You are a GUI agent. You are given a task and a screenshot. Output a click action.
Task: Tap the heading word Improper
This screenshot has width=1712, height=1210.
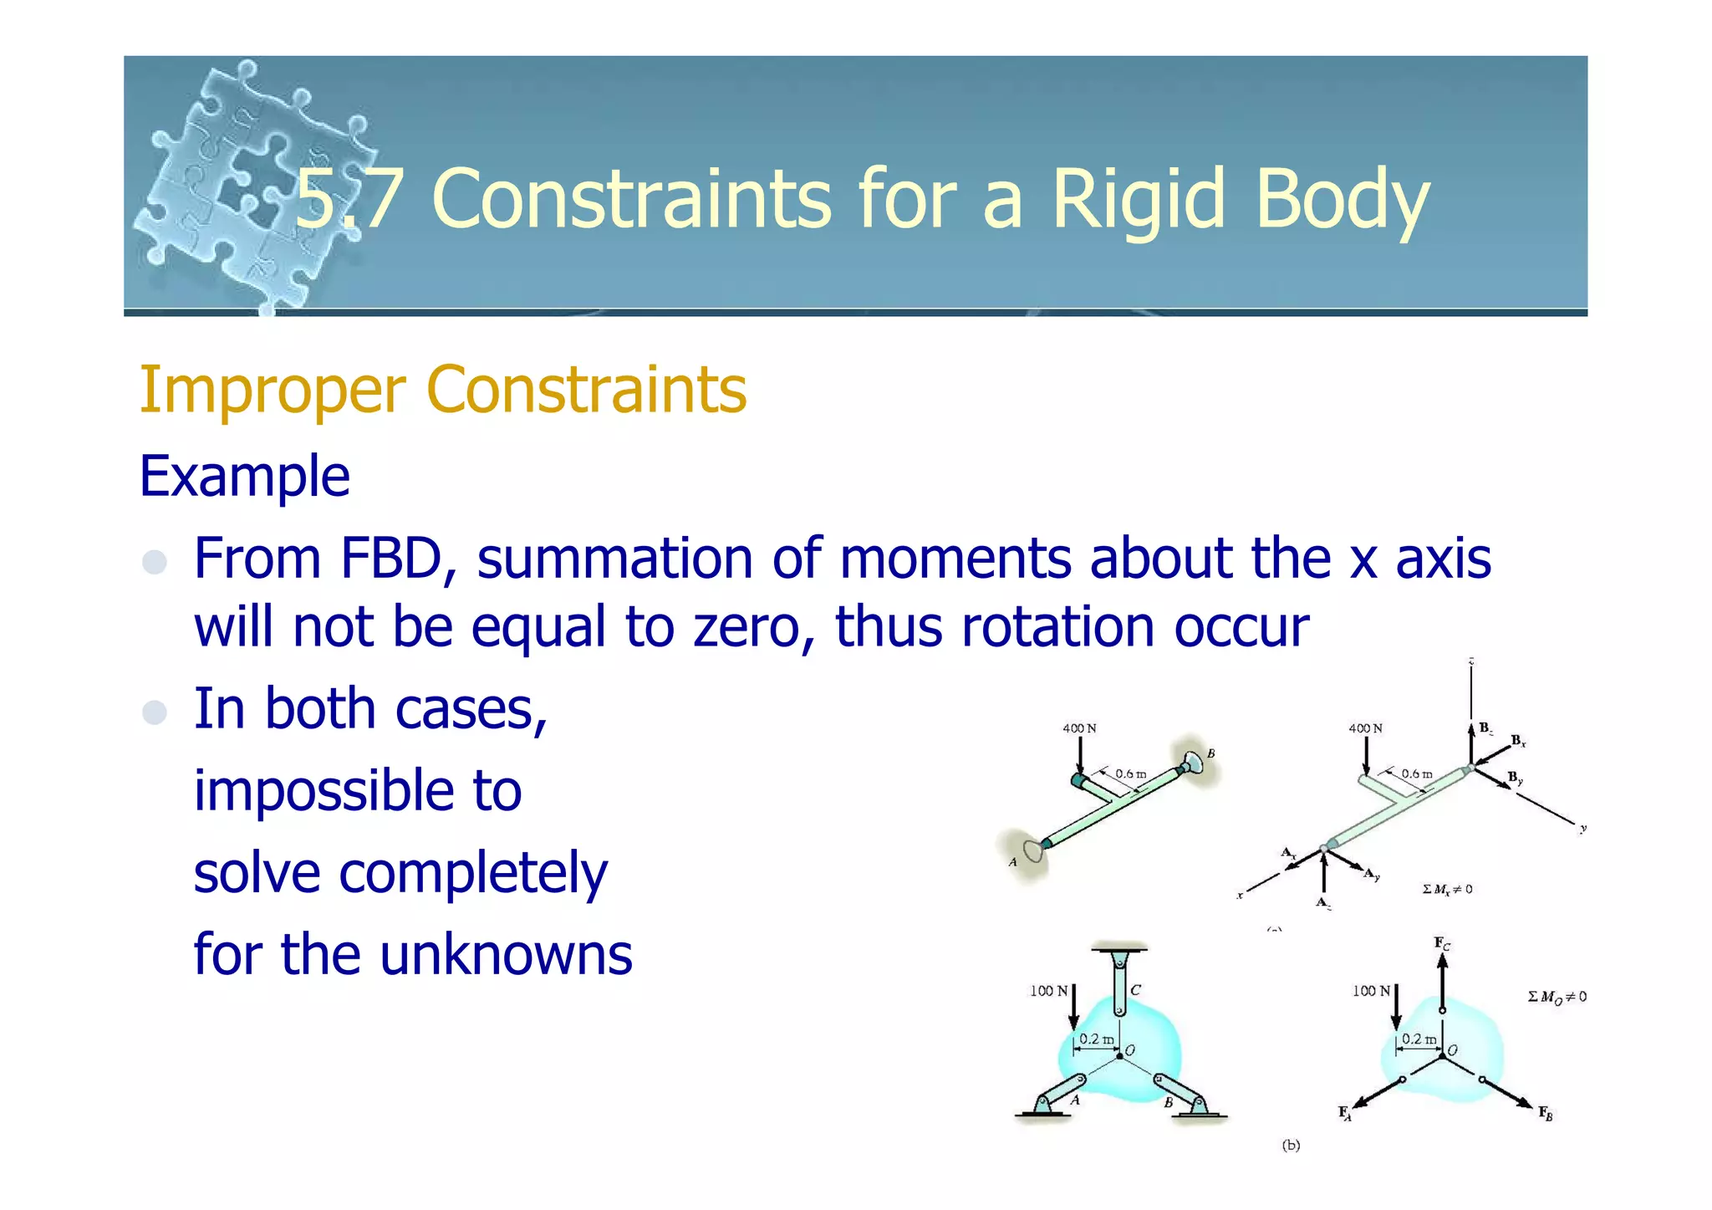pos(273,390)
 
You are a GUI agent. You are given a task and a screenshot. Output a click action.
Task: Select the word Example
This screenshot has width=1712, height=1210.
pos(244,476)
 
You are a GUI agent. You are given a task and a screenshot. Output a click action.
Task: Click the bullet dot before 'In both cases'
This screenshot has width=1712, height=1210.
pos(155,712)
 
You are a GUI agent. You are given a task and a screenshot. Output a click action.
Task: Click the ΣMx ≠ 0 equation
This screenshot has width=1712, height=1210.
pos(1447,890)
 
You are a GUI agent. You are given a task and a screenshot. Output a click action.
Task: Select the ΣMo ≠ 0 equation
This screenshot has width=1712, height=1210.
pos(1557,997)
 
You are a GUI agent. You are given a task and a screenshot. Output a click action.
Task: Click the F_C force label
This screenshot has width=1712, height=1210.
pos(1442,944)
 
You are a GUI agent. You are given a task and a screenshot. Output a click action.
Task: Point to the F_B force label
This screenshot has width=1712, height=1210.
pos(1546,1113)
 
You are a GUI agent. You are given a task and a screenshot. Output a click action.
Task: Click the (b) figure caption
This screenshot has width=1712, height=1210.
pos(1291,1146)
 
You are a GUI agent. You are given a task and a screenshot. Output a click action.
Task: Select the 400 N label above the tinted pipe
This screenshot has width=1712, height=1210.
pos(1079,728)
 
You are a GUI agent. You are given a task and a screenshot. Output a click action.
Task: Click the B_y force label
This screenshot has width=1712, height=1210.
pos(1515,779)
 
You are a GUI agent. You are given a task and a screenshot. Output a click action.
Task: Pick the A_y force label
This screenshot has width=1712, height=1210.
pos(1372,875)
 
